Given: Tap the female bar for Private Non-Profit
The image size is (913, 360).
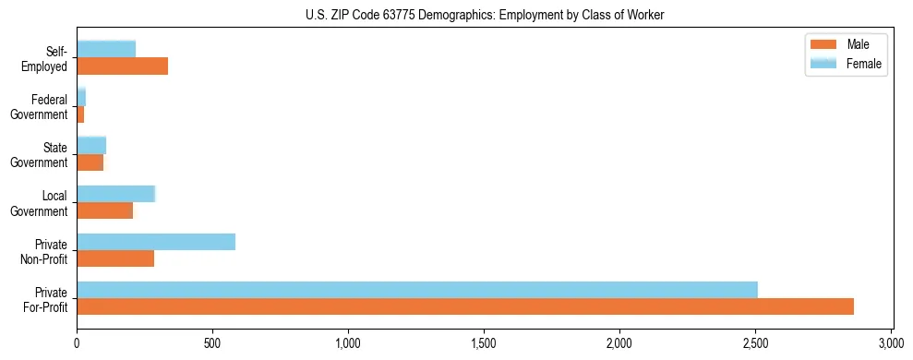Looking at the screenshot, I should (x=156, y=242).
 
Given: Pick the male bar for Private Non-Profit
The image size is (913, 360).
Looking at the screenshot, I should (x=115, y=258).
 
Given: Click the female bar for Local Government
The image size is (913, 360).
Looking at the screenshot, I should (x=116, y=194).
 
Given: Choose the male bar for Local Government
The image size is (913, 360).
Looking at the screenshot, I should (x=105, y=210).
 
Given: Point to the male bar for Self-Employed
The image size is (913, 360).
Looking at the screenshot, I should (x=123, y=66).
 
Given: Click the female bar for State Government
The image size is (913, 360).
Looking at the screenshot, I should (x=91, y=145).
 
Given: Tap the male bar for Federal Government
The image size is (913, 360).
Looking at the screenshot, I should (x=80, y=114).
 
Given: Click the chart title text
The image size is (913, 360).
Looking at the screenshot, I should (x=484, y=15).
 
